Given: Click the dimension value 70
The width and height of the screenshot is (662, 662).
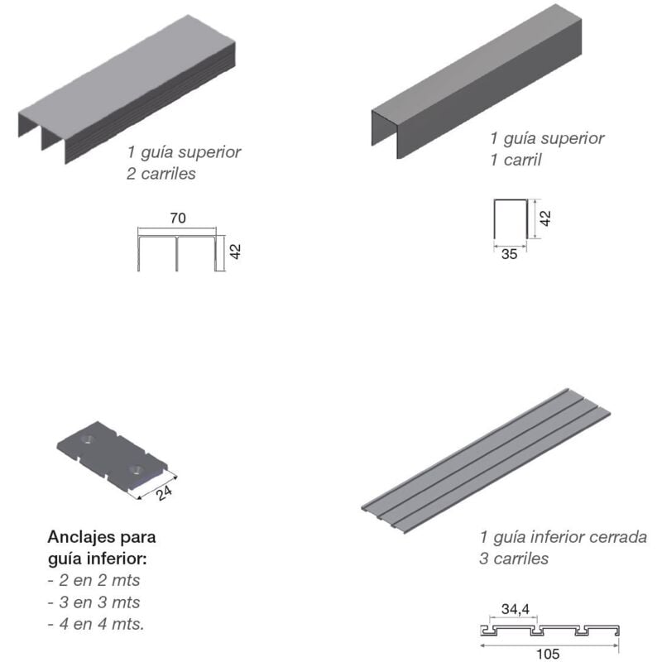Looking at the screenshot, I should [x=177, y=218].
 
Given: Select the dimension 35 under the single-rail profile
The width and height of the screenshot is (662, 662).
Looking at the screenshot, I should [x=509, y=254].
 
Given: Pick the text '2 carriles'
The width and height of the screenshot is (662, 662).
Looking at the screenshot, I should [x=161, y=174].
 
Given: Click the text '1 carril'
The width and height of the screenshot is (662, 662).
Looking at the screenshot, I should [x=516, y=160].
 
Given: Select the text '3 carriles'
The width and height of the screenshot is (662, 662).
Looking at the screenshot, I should [x=513, y=559].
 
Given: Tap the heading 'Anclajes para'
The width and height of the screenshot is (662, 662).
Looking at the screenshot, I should [x=102, y=536].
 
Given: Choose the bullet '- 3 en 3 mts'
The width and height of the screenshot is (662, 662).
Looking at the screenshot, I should [x=94, y=602].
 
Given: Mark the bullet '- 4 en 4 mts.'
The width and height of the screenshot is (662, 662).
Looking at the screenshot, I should [x=96, y=623].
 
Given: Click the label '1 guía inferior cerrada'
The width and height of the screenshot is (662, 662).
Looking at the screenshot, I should [x=563, y=537].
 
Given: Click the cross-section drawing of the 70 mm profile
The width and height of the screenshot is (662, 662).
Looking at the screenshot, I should [x=179, y=252].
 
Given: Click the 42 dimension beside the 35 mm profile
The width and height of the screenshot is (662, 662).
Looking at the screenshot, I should [x=544, y=218].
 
